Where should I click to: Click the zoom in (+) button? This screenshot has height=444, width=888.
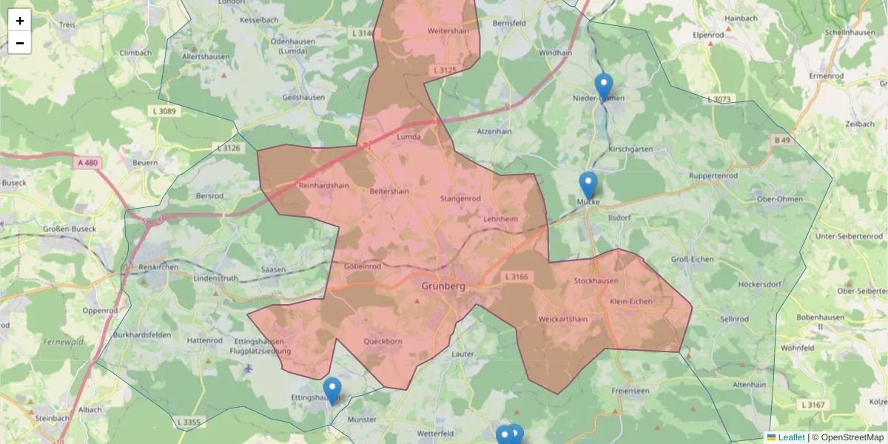(x=20, y=21)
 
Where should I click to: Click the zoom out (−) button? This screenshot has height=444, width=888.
(x=20, y=43)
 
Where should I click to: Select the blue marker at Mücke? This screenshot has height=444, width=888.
(x=588, y=185)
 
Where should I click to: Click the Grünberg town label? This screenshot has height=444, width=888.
(x=443, y=286)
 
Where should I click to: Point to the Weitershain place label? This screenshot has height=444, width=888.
(x=450, y=31)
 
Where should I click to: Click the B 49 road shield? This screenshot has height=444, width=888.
(x=783, y=140)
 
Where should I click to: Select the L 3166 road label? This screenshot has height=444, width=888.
(x=517, y=277)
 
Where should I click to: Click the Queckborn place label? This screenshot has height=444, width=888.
(x=383, y=342)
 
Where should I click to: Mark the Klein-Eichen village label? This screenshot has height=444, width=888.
(x=631, y=302)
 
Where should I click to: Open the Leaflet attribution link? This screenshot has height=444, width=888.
(x=790, y=437)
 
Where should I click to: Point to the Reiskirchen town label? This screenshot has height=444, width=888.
(x=154, y=266)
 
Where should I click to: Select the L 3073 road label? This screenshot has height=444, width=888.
(x=719, y=99)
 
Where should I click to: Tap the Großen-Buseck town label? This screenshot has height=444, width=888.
(x=70, y=229)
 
